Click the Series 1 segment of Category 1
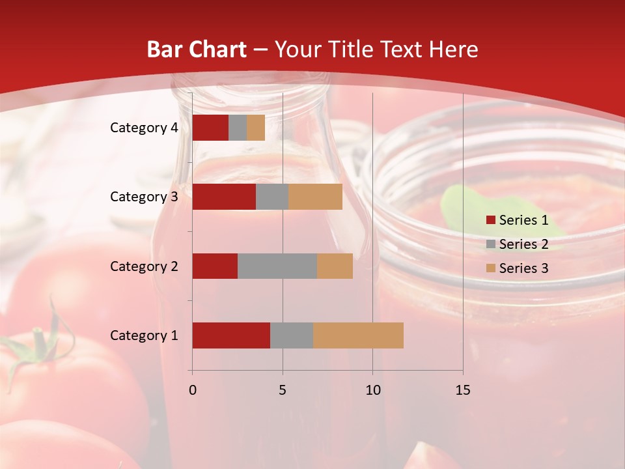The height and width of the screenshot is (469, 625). (x=231, y=335)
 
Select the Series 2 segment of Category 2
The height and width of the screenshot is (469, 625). (x=277, y=266)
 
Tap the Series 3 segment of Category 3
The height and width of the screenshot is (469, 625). (x=315, y=197)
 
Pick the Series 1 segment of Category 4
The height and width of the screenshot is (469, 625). (x=210, y=128)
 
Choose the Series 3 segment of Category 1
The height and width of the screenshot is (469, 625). (x=358, y=335)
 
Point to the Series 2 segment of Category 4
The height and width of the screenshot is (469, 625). (x=238, y=128)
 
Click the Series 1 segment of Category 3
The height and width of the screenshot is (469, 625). (x=224, y=197)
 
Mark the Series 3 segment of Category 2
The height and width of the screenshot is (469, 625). (x=335, y=266)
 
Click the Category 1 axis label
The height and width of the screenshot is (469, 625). (x=144, y=335)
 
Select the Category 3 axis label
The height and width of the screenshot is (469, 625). (x=144, y=197)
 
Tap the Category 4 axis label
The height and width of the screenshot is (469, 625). (x=144, y=128)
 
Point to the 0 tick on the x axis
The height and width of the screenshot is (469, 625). (x=192, y=390)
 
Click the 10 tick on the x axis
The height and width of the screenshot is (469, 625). (x=372, y=390)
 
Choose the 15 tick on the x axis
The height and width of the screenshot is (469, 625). (x=463, y=390)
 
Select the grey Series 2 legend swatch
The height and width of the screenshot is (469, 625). (x=491, y=244)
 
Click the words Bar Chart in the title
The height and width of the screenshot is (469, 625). (x=197, y=50)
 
